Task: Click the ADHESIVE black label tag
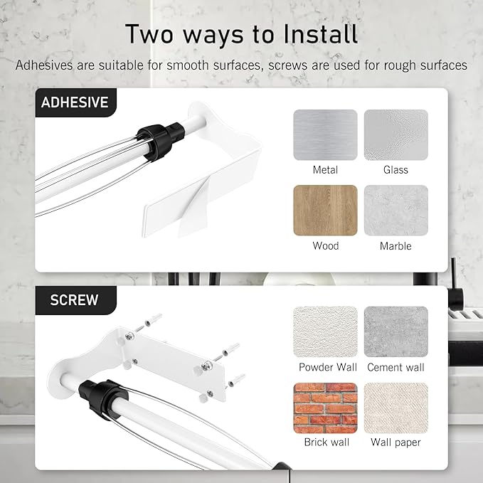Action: [76, 102]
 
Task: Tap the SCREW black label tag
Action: [76, 300]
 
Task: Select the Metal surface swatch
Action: [325, 135]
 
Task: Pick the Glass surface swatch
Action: [396, 135]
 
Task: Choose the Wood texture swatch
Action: [325, 211]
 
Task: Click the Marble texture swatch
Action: [396, 211]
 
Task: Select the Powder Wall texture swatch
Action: [325, 331]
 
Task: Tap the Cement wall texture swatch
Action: [396, 331]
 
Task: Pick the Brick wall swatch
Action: [325, 408]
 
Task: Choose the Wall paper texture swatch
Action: [396, 408]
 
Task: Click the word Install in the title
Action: [320, 34]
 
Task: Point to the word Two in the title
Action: [149, 34]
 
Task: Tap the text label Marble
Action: [396, 246]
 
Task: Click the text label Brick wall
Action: [327, 442]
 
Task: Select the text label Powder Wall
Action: [328, 367]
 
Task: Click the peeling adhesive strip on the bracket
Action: [194, 209]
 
